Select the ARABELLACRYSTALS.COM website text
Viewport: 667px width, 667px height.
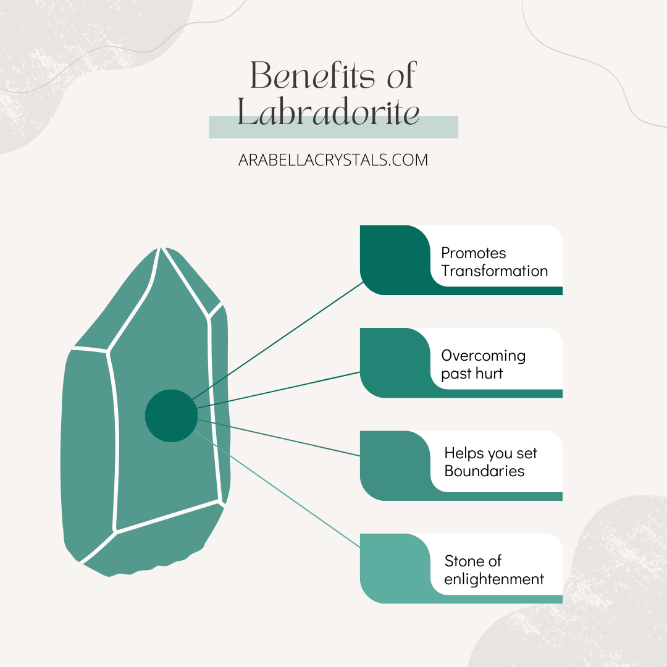pos(333,160)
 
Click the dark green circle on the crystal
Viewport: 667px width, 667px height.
pos(171,416)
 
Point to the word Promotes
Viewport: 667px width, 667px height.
pos(474,253)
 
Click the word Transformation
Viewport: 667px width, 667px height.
pos(494,271)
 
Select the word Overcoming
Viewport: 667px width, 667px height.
pos(483,356)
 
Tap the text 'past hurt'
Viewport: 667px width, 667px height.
pos(472,374)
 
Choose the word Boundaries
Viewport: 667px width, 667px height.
pos(484,471)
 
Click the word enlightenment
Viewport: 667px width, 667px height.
pos(494,579)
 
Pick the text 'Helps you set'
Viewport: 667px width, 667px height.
pos(490,453)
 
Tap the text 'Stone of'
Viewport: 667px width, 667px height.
pos(472,561)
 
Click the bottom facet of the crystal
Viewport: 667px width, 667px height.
pos(154,543)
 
